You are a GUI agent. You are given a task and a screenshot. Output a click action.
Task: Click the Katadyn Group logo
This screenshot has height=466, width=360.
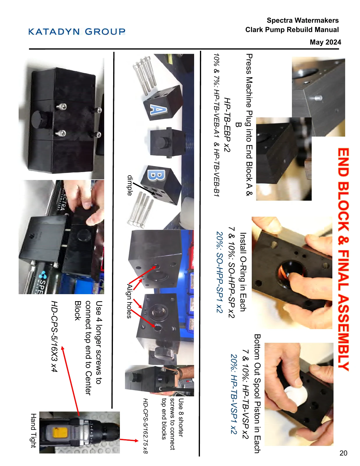point(77,31)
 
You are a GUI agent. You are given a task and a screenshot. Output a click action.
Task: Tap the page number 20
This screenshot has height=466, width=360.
point(343,453)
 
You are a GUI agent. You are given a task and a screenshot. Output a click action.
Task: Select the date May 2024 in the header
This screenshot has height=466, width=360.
point(325,42)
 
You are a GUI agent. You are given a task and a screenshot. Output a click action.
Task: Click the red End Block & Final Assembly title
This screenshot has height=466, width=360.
point(343,259)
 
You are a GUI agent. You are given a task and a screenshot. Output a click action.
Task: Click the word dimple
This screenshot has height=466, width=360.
point(130,185)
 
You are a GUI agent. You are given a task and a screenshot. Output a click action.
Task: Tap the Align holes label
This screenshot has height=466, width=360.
point(129,301)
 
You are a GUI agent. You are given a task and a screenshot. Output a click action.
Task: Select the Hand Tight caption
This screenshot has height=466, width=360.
point(33,431)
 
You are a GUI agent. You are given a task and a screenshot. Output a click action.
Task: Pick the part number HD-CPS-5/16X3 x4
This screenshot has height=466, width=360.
point(54,336)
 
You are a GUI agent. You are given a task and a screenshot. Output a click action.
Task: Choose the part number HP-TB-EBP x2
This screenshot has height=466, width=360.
point(227,125)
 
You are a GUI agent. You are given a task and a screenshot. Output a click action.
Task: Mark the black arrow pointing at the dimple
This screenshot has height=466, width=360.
point(144,188)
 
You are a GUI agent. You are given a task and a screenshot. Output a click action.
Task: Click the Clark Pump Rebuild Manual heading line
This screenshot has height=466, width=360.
point(292,30)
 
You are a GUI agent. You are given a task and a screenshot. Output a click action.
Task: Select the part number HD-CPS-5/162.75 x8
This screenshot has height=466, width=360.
point(145,426)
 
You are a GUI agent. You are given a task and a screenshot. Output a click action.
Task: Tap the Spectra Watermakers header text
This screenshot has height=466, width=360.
point(303,20)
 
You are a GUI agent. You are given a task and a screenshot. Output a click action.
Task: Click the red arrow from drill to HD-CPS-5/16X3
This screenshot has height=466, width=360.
point(70,381)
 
